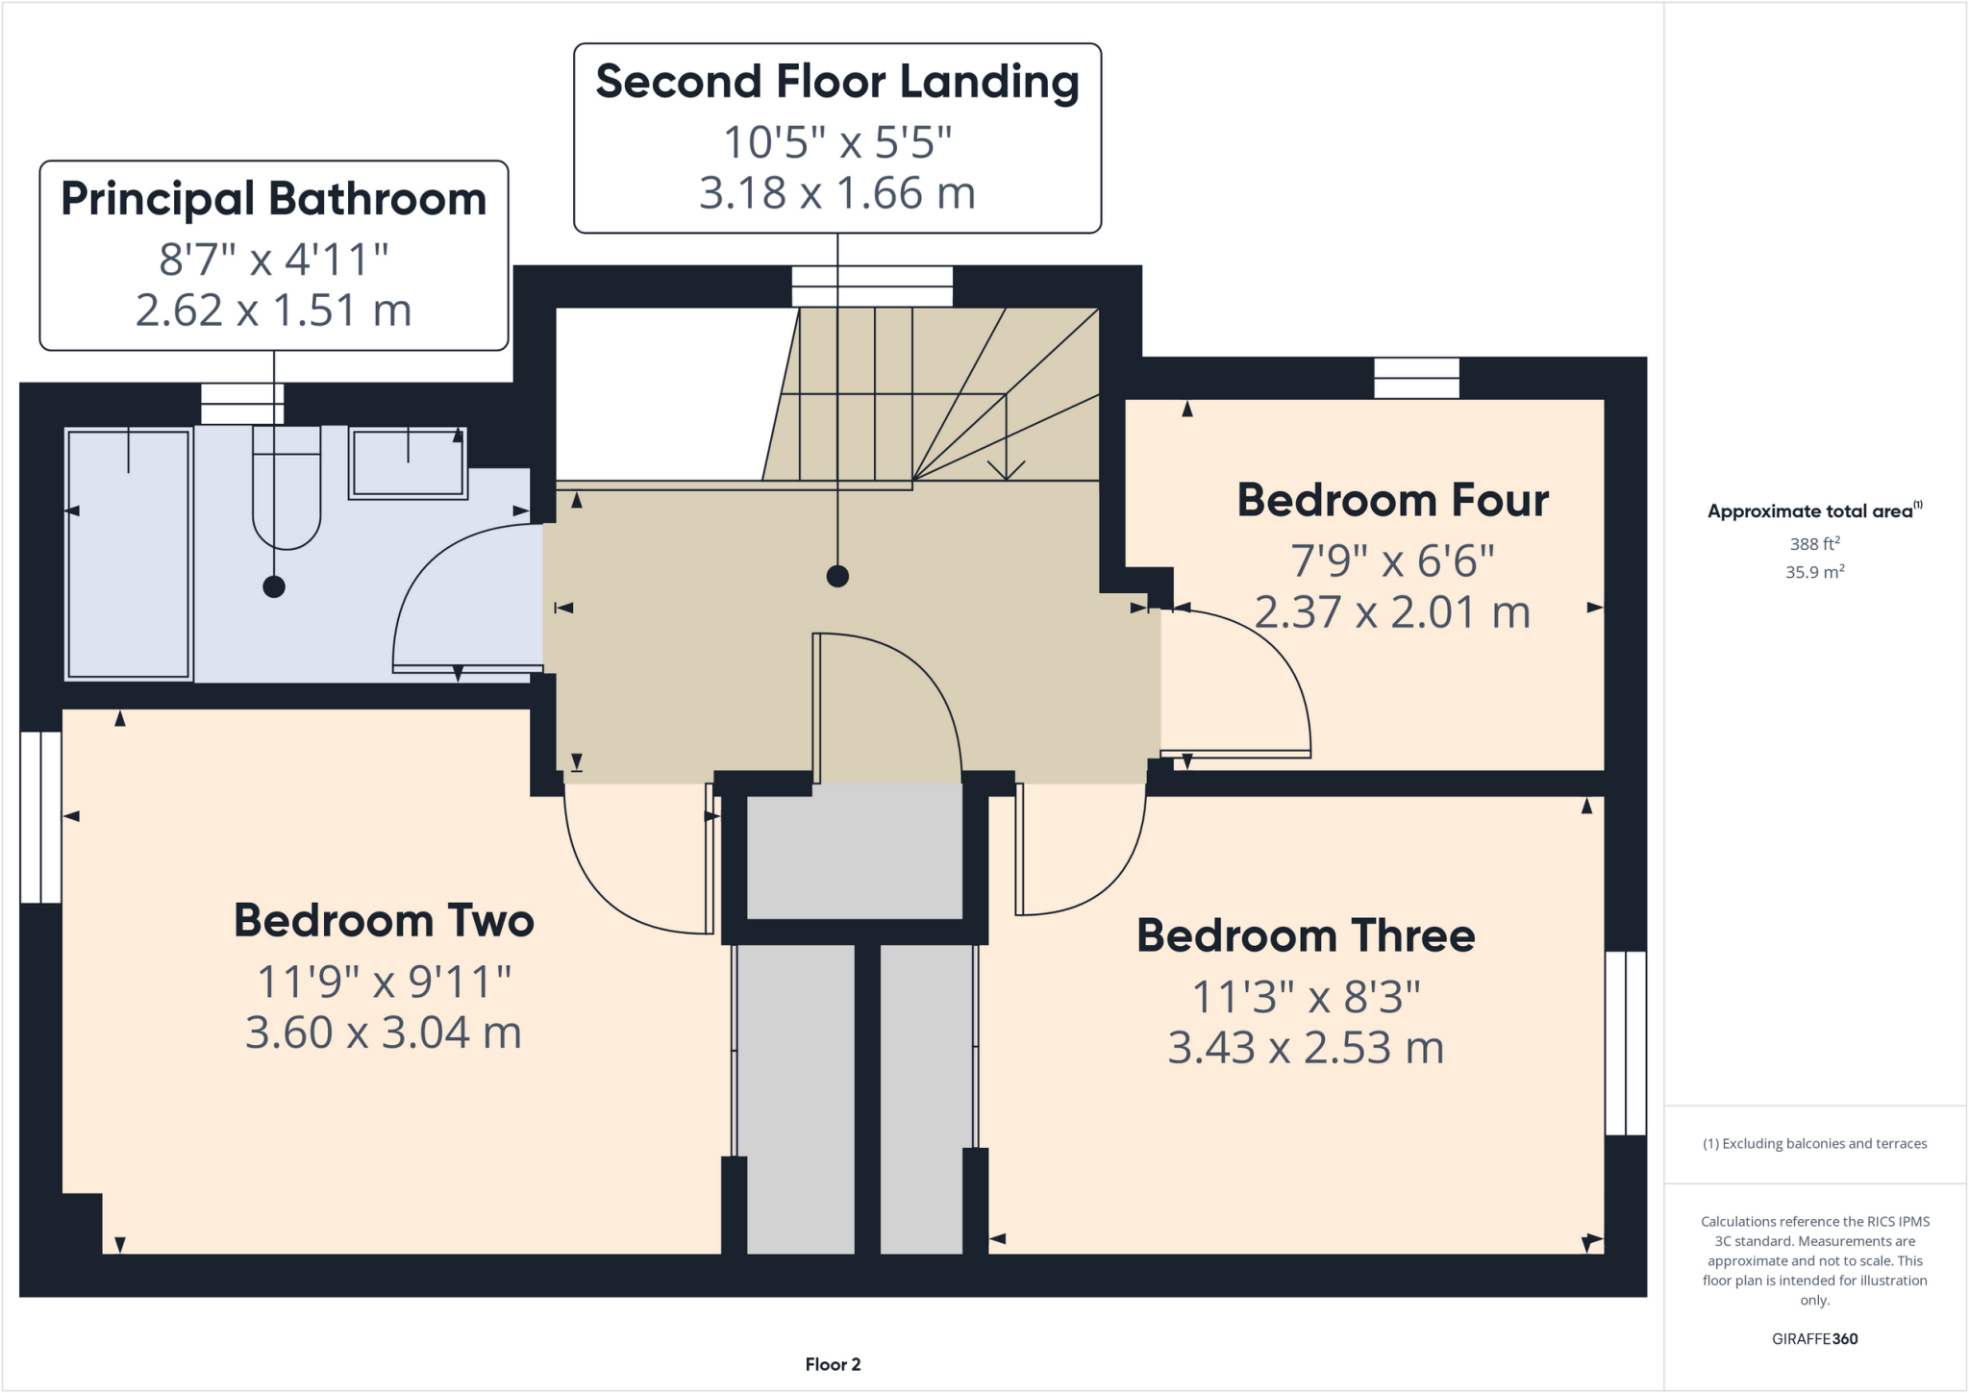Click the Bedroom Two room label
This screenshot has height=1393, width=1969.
[x=384, y=921]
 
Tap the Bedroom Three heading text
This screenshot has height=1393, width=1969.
[x=1305, y=936]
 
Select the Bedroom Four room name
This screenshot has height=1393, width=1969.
[x=1392, y=501]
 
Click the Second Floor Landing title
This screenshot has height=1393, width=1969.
[x=836, y=82]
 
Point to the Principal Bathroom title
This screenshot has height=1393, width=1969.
[x=273, y=199]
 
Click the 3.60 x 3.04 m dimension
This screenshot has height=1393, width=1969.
[x=383, y=1033]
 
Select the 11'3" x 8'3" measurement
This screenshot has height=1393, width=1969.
[x=1305, y=998]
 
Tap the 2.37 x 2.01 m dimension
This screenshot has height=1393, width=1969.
[x=1392, y=612]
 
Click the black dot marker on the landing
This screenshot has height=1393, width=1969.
[x=837, y=577]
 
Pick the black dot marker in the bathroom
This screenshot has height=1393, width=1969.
[x=274, y=586]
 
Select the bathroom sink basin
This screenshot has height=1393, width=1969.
[x=408, y=463]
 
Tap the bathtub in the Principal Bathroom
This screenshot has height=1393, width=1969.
[x=128, y=555]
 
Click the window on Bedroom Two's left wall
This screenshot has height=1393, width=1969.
[x=40, y=817]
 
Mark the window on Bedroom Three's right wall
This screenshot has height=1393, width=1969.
[x=1626, y=1043]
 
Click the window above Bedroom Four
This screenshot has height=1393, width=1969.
[x=1416, y=378]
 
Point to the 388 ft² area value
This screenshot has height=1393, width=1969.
[x=1814, y=544]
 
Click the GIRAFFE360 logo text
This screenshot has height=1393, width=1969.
[x=1814, y=1339]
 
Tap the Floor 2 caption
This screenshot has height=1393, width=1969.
[x=833, y=1364]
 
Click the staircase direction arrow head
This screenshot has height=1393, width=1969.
[x=1006, y=471]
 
